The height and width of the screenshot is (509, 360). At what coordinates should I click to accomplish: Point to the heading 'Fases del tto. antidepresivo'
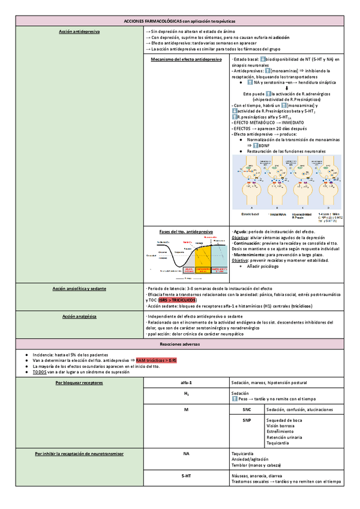click(186, 231)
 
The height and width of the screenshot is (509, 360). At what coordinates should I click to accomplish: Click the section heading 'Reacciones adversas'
click(180, 344)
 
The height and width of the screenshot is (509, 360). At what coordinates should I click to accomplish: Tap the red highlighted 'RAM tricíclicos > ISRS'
click(157, 360)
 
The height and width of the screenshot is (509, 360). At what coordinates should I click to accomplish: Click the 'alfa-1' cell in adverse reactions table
click(186, 382)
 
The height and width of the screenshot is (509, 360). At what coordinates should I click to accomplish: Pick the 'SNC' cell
click(247, 409)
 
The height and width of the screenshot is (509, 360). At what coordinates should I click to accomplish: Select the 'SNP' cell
click(247, 420)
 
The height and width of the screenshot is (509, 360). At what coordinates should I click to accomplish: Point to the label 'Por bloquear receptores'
click(79, 382)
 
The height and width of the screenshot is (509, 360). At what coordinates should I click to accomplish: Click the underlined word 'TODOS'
click(40, 372)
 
